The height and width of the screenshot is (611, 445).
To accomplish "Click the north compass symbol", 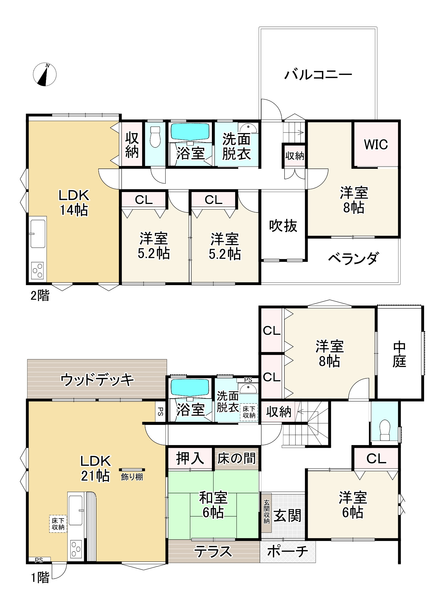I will tap(45, 75).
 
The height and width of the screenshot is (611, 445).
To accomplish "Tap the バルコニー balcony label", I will tap(318, 75).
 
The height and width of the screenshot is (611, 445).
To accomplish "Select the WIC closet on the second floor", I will tap(376, 144).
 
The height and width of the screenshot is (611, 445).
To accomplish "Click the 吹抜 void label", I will tap(283, 226).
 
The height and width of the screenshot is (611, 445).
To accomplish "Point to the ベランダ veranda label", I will tap(353, 258).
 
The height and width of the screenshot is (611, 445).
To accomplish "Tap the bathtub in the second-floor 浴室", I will tap(190, 132).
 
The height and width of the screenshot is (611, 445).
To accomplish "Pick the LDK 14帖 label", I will tap(74, 203).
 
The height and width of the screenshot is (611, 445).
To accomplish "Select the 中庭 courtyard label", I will tap(399, 354).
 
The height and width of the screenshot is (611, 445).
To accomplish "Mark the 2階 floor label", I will tap(40, 296).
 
